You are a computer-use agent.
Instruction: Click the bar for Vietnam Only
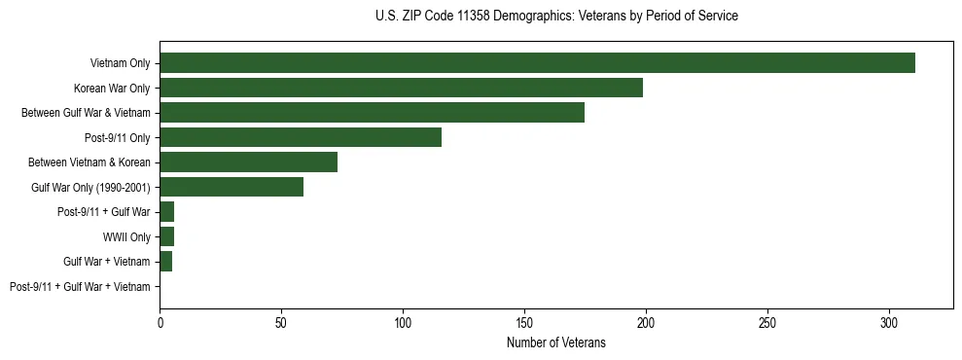(537, 63)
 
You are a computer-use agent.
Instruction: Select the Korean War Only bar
(401, 88)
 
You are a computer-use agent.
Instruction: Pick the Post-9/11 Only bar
(301, 137)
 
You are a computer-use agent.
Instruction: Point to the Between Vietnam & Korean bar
(248, 162)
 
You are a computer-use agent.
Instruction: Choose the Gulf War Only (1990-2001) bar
(232, 187)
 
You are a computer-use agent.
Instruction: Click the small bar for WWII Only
(166, 236)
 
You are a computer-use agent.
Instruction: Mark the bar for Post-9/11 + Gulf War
(166, 212)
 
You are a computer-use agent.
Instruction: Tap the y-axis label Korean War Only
(112, 89)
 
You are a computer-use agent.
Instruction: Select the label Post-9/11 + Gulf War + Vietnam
(80, 287)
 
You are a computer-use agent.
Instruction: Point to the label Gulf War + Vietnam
(106, 262)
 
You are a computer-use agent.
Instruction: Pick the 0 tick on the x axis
(160, 321)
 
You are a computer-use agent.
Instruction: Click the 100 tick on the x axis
(403, 321)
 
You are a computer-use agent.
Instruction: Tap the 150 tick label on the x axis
(524, 321)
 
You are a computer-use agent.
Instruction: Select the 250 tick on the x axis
(767, 321)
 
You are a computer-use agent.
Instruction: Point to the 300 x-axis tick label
(889, 321)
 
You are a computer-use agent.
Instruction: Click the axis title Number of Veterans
(555, 342)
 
